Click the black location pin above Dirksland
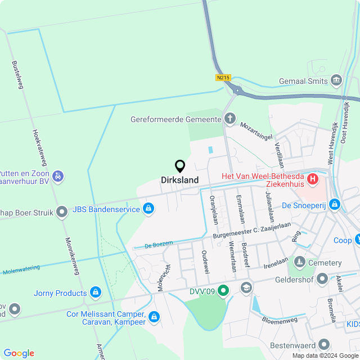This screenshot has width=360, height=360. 180,166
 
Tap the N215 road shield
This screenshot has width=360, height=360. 223,78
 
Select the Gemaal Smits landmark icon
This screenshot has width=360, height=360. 336,80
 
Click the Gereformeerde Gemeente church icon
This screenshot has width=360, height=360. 229,119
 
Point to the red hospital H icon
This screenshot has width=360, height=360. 313,180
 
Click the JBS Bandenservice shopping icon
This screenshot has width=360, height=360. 148,209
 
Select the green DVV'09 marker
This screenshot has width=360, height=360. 223,290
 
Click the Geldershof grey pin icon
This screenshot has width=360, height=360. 322,278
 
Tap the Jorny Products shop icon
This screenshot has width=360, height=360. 96,292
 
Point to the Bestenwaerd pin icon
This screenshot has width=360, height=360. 324,344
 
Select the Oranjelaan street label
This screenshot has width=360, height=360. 214,209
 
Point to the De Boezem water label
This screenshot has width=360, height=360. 158,244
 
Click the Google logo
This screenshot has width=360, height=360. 19,353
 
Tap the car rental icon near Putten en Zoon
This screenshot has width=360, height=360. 57,177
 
